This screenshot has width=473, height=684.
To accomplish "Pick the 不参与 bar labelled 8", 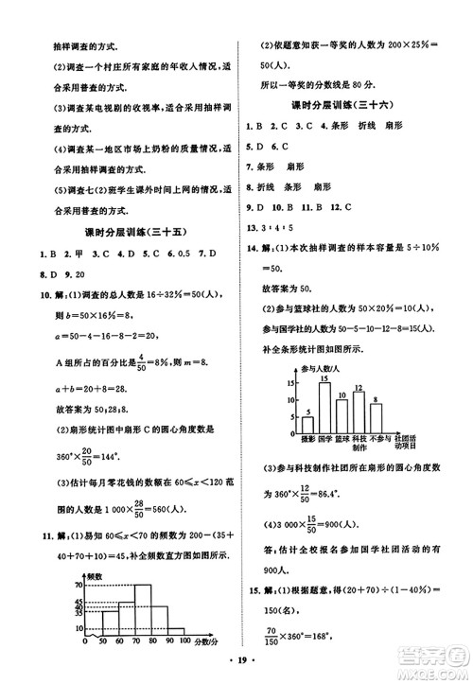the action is click(x=376, y=419).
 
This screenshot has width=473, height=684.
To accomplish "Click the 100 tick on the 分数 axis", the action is click(x=186, y=640).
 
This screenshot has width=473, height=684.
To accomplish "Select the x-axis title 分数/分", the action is click(x=206, y=640).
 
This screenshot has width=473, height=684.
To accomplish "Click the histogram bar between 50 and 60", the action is click(x=110, y=623).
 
